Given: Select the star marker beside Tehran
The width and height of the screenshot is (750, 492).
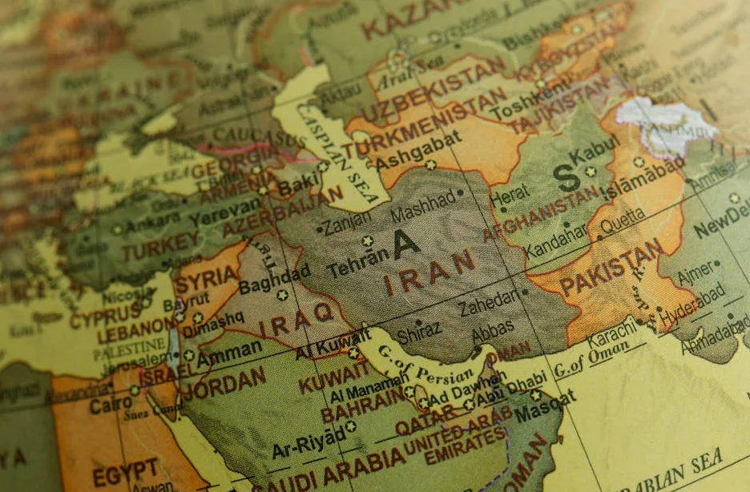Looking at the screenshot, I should point(368,240).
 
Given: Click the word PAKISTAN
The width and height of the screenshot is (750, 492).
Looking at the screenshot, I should point(611,267).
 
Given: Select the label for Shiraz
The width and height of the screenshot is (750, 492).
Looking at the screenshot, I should point(418,331).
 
